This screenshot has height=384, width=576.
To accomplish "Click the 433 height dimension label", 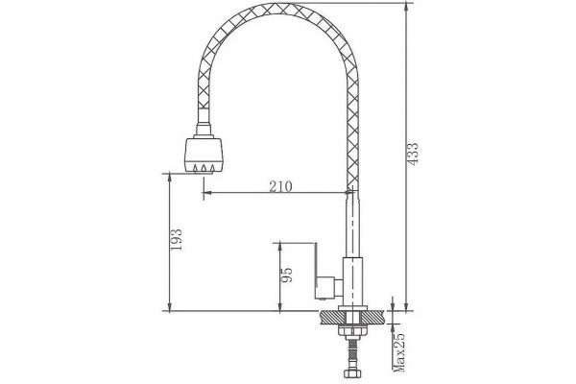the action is (x=413, y=154).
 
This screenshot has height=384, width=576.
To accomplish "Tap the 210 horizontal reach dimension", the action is (x=280, y=186).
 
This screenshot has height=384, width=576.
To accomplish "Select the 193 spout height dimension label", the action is (x=177, y=240).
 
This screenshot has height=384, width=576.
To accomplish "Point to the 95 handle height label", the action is (x=286, y=275).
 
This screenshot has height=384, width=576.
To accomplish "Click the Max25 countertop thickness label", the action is (x=398, y=352).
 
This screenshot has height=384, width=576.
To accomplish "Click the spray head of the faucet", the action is (x=204, y=155).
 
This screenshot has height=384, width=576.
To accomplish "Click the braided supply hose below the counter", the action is (x=352, y=353).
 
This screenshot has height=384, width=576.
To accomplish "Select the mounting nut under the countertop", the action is (x=352, y=330).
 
